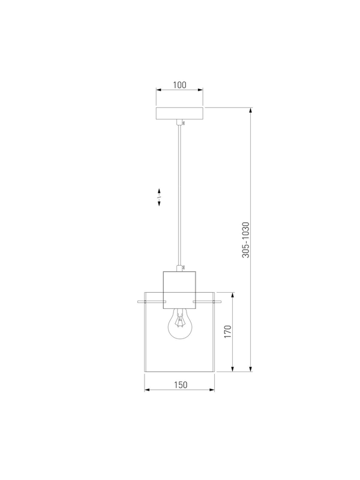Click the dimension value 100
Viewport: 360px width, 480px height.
tap(179, 85)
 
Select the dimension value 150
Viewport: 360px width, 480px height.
tap(181, 385)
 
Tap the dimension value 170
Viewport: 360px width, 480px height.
tap(228, 332)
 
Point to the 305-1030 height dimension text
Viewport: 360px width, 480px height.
tap(246, 240)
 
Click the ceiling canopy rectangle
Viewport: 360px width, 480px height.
tap(179, 113)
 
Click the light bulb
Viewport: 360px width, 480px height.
tap(180, 324)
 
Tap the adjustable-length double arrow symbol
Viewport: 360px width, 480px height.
tap(159, 197)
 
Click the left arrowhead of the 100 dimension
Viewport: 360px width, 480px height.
tap(158, 89)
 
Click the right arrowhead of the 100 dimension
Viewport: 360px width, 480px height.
tap(200, 89)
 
